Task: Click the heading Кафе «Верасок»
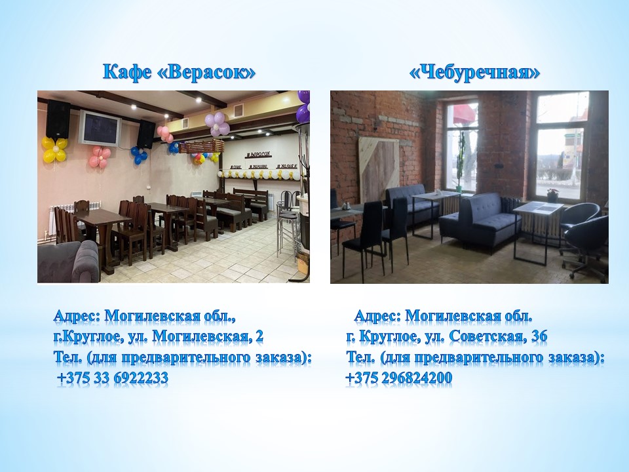click(x=180, y=72)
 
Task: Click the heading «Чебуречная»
click(x=474, y=72)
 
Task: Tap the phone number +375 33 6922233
click(x=113, y=378)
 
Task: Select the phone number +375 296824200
click(x=399, y=378)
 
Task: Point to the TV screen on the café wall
click(x=100, y=128)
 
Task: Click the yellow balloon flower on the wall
click(x=54, y=149)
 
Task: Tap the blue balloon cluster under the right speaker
click(x=139, y=155)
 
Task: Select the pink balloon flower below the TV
click(x=99, y=157)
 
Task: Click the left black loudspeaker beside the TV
click(x=58, y=119)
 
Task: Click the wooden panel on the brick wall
click(x=378, y=169)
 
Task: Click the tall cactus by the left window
click(x=461, y=161)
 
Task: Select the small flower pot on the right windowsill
click(x=552, y=195)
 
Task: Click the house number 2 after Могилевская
click(x=259, y=336)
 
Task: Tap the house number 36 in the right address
click(x=539, y=336)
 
